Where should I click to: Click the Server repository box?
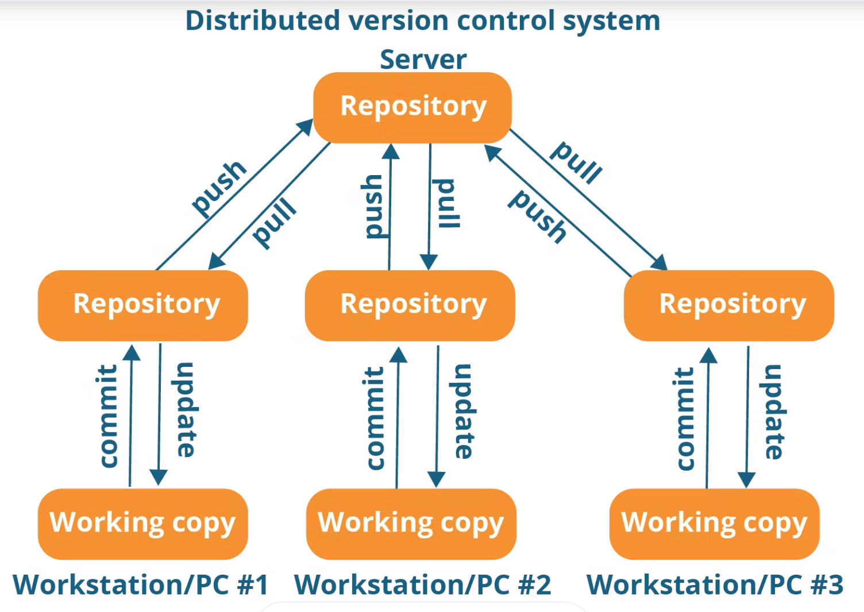click(412, 107)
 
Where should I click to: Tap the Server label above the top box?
click(423, 60)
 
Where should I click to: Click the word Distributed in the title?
click(263, 21)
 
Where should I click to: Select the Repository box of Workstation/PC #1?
click(142, 305)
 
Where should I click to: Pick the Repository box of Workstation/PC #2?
click(410, 305)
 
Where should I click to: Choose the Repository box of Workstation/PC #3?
click(729, 305)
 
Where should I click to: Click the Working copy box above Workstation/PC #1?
click(142, 524)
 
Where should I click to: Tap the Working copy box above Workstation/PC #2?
click(411, 524)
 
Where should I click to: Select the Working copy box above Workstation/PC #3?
click(714, 524)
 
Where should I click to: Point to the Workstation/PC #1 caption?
click(140, 584)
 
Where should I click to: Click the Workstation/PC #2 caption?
click(422, 584)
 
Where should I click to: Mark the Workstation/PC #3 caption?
click(715, 584)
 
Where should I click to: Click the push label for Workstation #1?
click(219, 189)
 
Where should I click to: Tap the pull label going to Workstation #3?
click(576, 162)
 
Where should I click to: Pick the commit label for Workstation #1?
click(106, 416)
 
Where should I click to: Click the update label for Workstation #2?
click(463, 412)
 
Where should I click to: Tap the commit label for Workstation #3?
click(684, 419)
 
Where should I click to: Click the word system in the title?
click(611, 22)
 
